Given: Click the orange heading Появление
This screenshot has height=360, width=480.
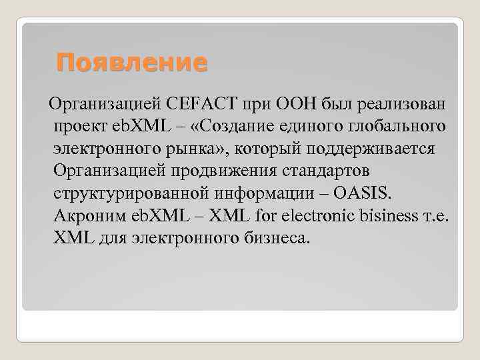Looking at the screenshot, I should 132,63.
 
